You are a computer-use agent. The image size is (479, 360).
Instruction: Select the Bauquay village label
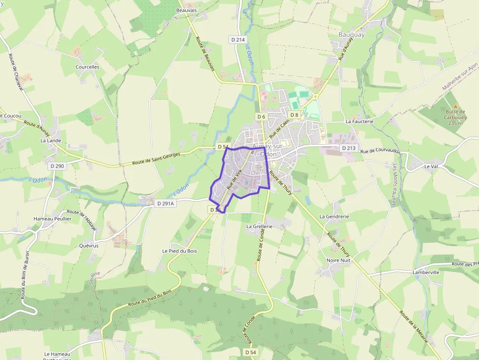click(351, 35)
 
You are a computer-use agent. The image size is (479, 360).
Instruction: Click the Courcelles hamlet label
click(87, 67)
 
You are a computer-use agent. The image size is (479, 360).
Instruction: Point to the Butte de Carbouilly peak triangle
click(456, 106)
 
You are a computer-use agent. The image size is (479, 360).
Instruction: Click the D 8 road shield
click(294, 115)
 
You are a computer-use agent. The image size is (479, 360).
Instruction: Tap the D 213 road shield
click(349, 148)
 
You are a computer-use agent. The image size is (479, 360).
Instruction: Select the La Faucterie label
click(359, 121)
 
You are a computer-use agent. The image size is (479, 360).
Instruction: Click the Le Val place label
click(431, 166)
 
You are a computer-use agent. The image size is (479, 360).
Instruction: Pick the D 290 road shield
click(57, 166)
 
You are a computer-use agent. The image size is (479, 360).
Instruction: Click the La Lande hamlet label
click(50, 140)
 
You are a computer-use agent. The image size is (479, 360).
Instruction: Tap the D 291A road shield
click(165, 203)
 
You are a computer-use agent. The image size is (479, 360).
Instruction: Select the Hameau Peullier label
click(52, 219)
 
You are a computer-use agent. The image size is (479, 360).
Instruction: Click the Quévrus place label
click(89, 246)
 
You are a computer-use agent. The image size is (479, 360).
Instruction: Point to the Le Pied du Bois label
click(179, 251)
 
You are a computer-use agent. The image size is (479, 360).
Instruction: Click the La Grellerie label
click(259, 227)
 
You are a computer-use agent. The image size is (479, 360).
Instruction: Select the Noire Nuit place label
click(338, 260)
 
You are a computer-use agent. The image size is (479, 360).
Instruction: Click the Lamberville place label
click(426, 272)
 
